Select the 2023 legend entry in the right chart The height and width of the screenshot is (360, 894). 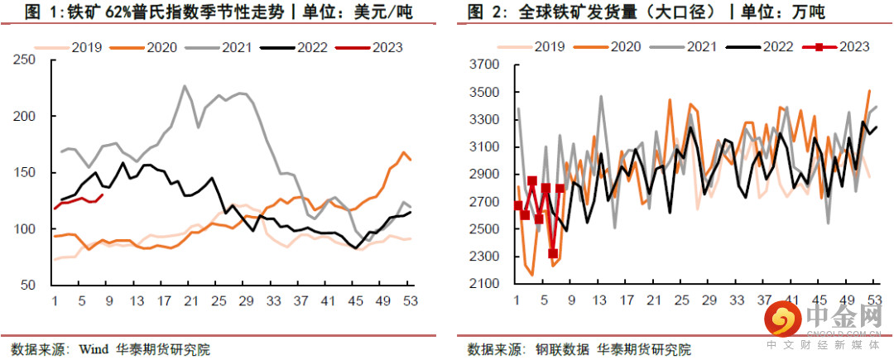tap(835, 47)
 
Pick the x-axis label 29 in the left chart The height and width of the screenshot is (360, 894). tap(244, 300)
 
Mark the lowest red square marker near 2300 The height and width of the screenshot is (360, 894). tap(552, 253)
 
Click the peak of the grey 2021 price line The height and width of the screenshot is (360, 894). tap(184, 86)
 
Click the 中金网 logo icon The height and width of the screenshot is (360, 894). tap(783, 319)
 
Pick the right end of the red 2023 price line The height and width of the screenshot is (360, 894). tap(102, 194)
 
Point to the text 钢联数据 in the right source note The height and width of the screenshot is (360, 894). tap(558, 348)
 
